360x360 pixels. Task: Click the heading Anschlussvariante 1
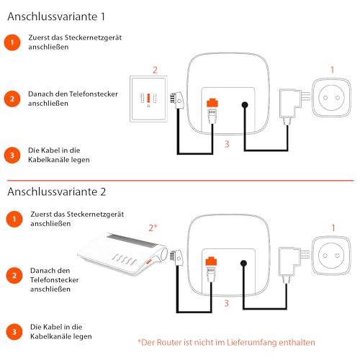coord(56,17)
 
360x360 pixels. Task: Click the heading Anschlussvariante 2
coord(57,192)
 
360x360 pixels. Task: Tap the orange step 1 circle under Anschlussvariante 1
coord(12,42)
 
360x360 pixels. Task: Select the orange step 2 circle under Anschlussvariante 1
coord(12,99)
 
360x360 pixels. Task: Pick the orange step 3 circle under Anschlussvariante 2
coord(14,332)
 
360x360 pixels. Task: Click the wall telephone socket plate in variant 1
coord(148,99)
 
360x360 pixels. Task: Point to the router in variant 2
coord(122,253)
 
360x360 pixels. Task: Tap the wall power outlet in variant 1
coord(331,97)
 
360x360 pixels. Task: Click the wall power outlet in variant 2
coord(331,256)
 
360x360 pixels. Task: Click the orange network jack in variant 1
coord(212,103)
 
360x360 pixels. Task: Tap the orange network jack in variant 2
coord(211,261)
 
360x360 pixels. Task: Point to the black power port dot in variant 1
coord(245,105)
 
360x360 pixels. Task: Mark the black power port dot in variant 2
coord(243,264)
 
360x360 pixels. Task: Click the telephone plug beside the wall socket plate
coord(177,101)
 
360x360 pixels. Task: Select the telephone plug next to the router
coord(176,258)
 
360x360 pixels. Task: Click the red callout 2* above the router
coord(153,228)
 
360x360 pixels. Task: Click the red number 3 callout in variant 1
coord(227,144)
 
